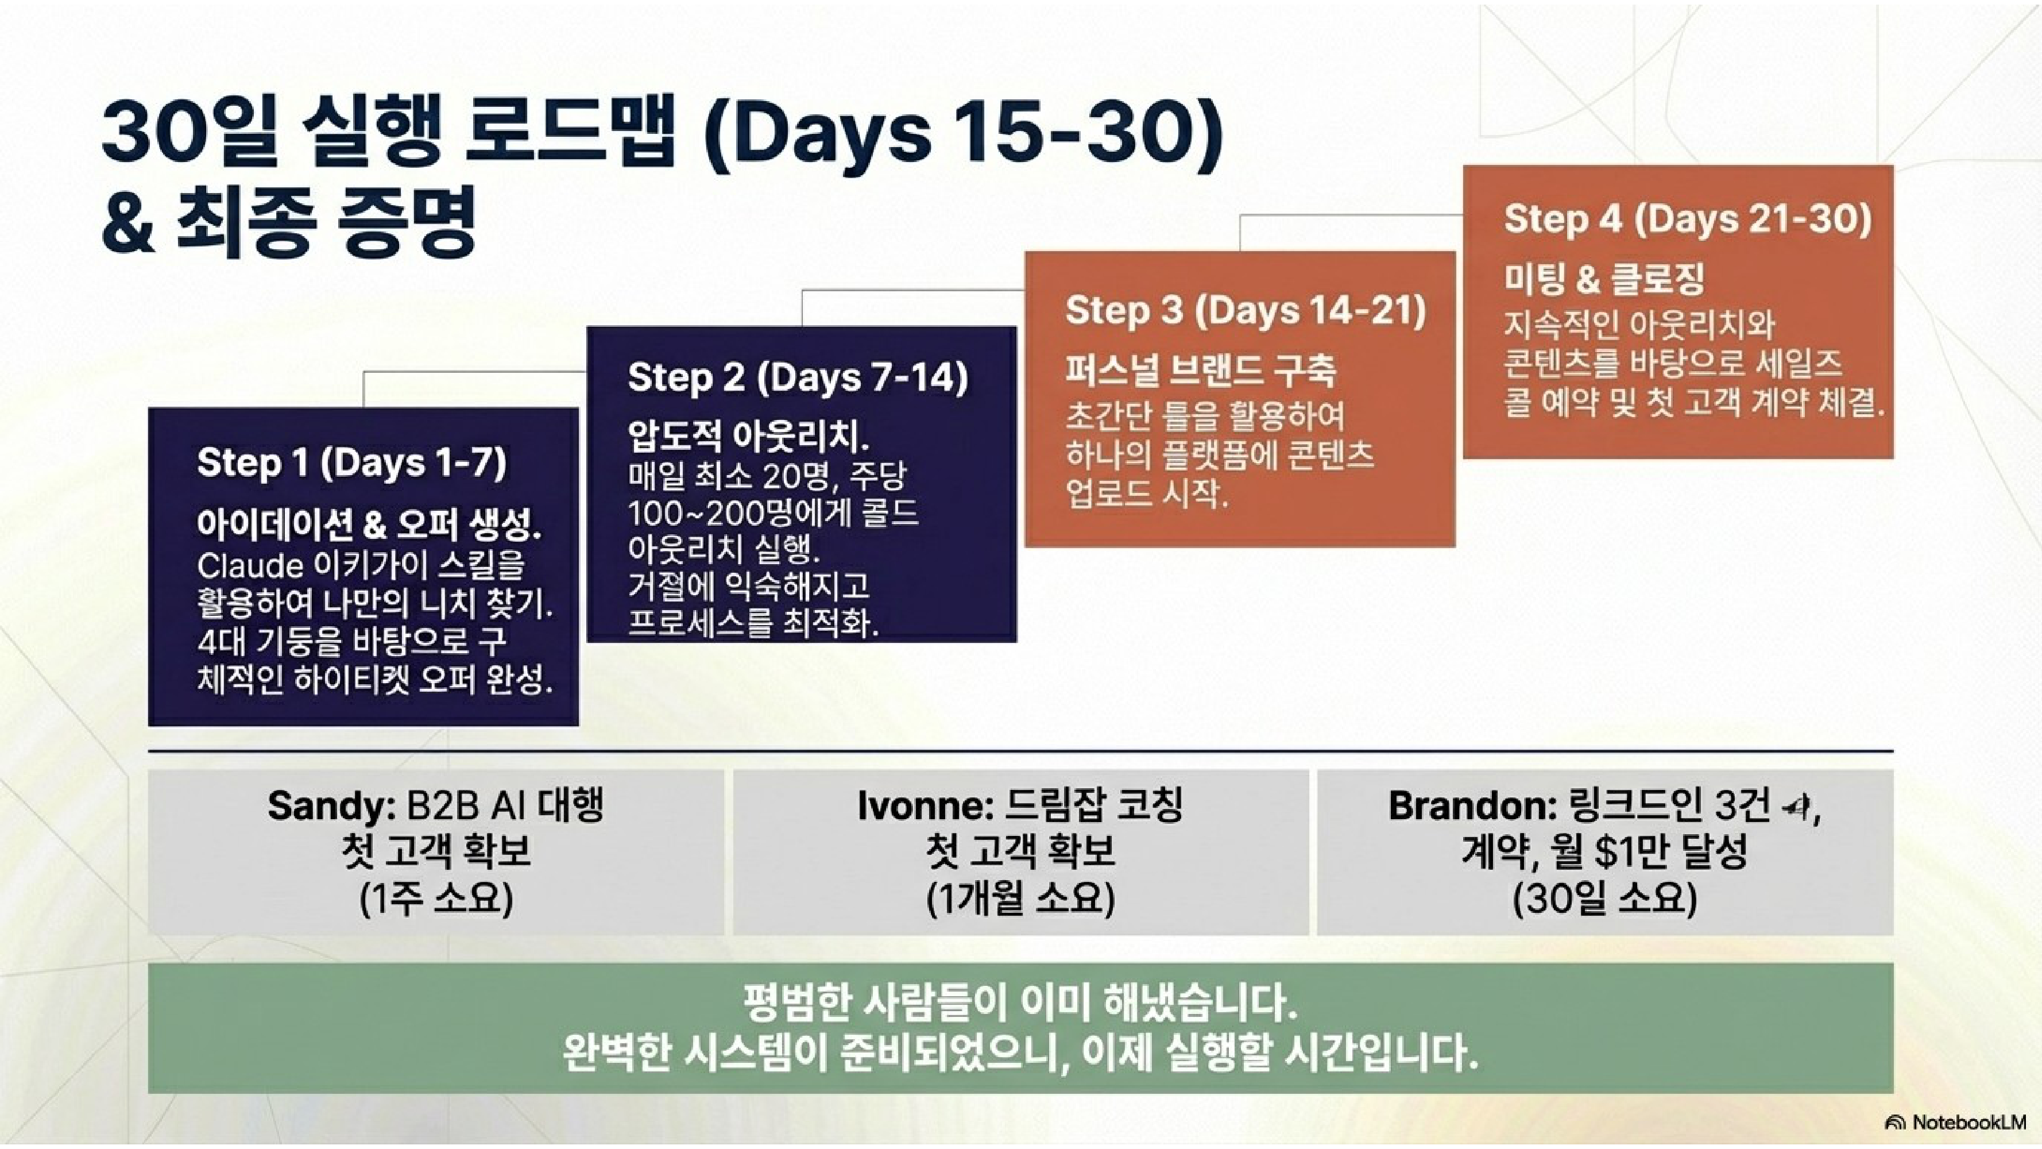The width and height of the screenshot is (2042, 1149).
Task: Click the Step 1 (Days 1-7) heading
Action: [351, 462]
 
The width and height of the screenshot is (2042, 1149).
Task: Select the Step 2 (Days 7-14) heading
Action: [798, 377]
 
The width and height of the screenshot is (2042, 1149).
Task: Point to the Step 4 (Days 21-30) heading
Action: [1688, 219]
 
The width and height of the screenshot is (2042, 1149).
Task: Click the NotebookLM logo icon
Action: [1896, 1123]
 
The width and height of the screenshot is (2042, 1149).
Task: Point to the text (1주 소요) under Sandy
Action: [436, 899]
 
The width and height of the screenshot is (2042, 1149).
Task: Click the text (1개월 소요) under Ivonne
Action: [1021, 899]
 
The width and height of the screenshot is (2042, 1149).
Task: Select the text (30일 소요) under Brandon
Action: [1605, 899]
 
